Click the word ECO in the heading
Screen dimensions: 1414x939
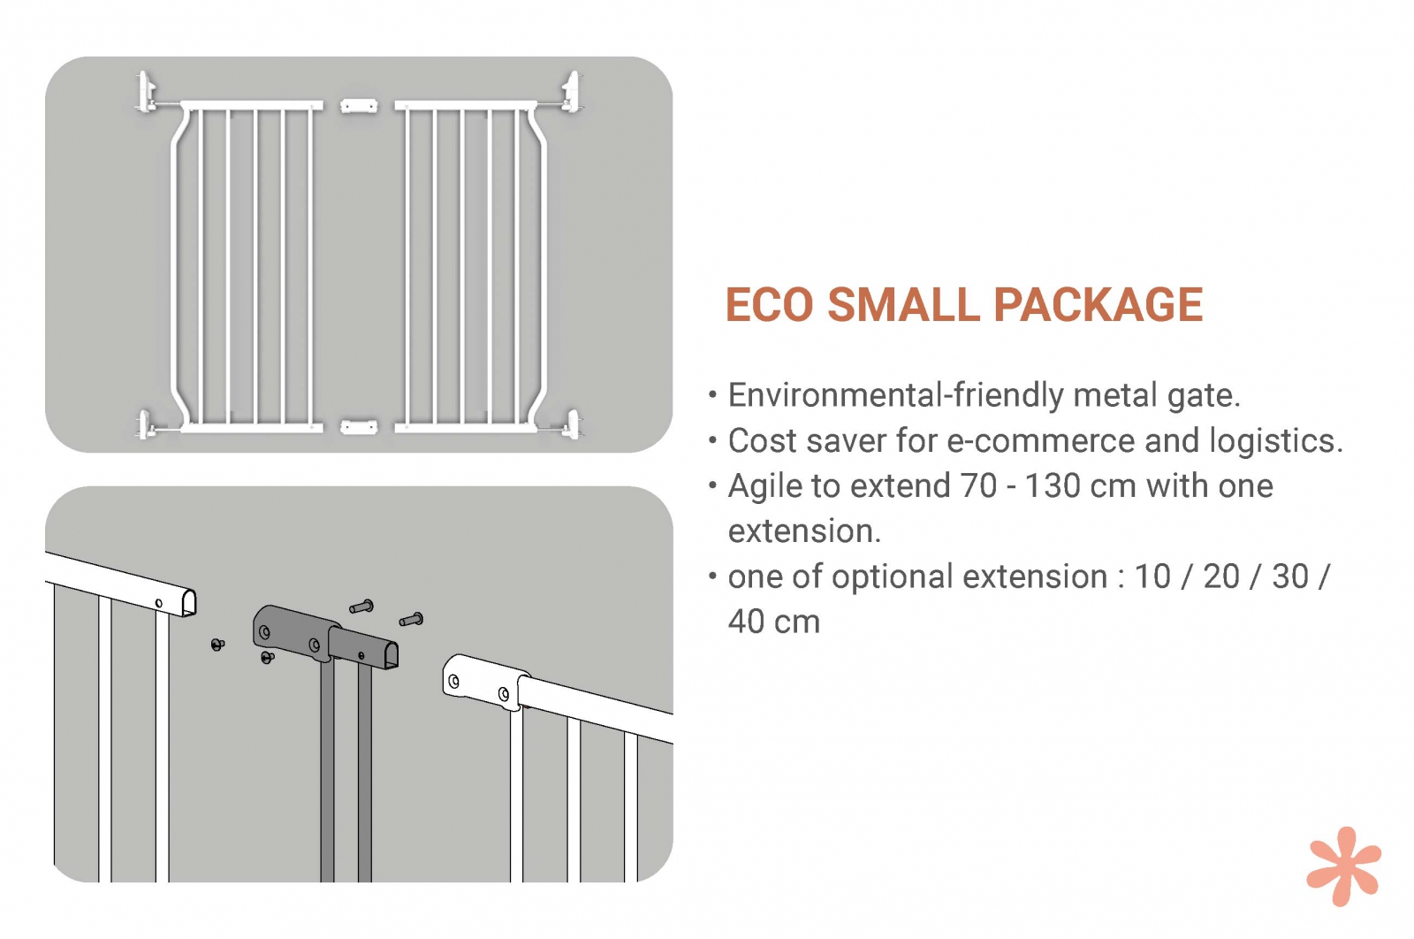[770, 305]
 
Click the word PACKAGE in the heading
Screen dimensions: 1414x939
[1099, 305]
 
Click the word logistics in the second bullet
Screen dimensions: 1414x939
[1273, 442]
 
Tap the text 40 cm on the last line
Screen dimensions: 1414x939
[774, 622]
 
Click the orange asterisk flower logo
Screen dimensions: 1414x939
[1343, 866]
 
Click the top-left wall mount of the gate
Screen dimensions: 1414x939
[147, 93]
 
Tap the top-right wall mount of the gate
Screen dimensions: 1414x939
[571, 93]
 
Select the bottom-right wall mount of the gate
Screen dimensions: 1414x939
[573, 424]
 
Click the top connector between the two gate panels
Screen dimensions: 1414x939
[359, 106]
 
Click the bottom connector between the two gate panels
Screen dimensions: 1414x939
[359, 428]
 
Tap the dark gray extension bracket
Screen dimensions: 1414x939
[325, 637]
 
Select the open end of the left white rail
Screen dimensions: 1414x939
[189, 602]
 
